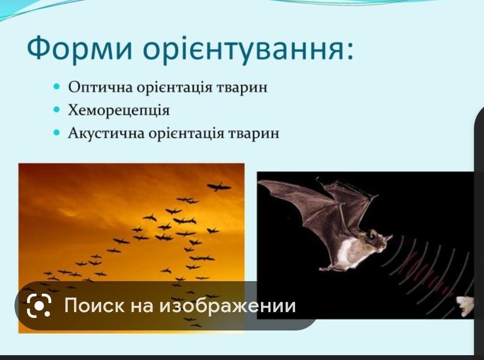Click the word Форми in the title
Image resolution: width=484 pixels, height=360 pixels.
click(80, 48)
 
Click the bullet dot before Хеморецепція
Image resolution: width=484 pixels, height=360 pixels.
click(56, 109)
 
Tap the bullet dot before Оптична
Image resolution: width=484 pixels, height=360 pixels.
click(56, 86)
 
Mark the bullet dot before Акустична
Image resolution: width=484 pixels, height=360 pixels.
click(56, 133)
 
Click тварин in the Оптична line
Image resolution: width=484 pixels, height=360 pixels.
click(242, 88)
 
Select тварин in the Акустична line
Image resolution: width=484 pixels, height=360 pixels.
click(253, 134)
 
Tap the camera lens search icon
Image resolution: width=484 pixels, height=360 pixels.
click(39, 305)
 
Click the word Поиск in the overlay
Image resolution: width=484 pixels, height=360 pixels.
click(94, 305)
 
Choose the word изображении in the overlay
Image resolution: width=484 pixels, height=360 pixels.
click(227, 306)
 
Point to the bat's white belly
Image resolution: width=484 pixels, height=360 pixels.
click(346, 252)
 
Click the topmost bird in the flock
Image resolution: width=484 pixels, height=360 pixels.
click(219, 187)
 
